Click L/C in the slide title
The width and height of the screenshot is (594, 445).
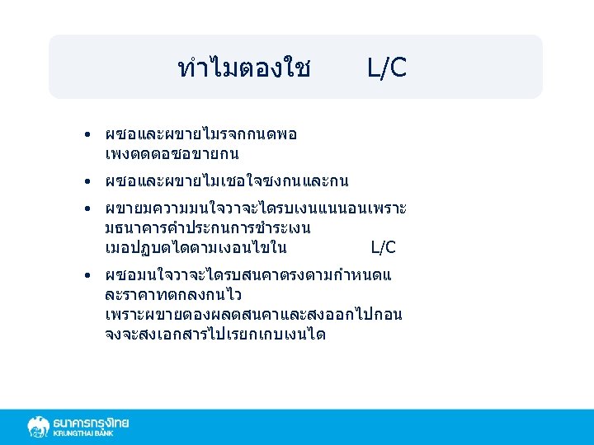(x=387, y=68)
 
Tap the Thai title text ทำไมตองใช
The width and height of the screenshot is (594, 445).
(x=244, y=68)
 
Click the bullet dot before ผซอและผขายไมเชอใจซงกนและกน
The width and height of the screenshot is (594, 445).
(x=87, y=180)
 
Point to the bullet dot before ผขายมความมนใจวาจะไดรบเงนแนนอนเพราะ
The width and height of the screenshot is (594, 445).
(x=87, y=207)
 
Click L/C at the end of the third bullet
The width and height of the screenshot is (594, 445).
(x=384, y=247)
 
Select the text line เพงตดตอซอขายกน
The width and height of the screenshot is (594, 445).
(x=172, y=154)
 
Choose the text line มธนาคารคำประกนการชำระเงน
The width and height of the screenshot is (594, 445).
(x=208, y=227)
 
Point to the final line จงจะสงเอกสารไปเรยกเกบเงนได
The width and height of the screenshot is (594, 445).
(x=215, y=334)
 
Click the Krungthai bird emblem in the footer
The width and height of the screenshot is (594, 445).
(x=38, y=427)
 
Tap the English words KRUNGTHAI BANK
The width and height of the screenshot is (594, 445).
(x=91, y=434)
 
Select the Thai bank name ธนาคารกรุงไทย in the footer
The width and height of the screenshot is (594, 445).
(x=91, y=423)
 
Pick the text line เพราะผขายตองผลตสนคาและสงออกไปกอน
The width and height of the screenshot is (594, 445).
(x=253, y=314)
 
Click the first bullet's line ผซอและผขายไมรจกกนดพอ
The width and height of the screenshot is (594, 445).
(x=201, y=134)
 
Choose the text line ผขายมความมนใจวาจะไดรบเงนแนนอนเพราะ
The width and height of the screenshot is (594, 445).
(x=256, y=207)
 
